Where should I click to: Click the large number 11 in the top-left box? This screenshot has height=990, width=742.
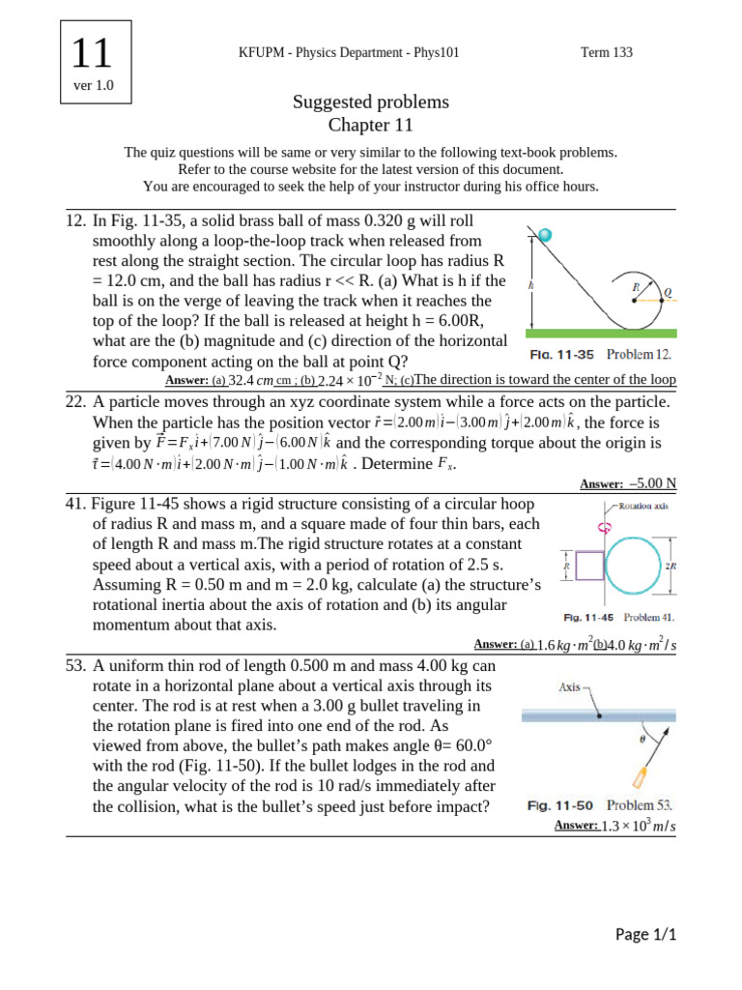pos(93,52)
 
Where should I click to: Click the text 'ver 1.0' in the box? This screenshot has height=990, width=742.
pos(93,86)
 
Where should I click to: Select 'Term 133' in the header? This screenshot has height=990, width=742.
pos(606,52)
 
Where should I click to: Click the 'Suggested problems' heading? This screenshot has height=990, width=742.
pos(371,102)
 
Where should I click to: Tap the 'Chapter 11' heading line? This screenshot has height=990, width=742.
pos(371,125)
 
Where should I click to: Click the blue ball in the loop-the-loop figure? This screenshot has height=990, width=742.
pos(546,235)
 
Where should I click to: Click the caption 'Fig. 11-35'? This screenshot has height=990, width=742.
pos(563,356)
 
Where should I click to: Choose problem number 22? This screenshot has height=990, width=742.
pos(76,401)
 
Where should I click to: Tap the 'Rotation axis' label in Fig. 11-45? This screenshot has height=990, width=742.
pos(646,506)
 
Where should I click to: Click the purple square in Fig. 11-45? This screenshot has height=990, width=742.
pos(588,565)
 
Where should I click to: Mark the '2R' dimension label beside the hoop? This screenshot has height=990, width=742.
pos(671,565)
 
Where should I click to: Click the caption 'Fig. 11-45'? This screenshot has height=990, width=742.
pos(588,617)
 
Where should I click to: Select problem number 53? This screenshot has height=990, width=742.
pos(76,666)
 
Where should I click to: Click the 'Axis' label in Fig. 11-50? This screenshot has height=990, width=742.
pos(570,688)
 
